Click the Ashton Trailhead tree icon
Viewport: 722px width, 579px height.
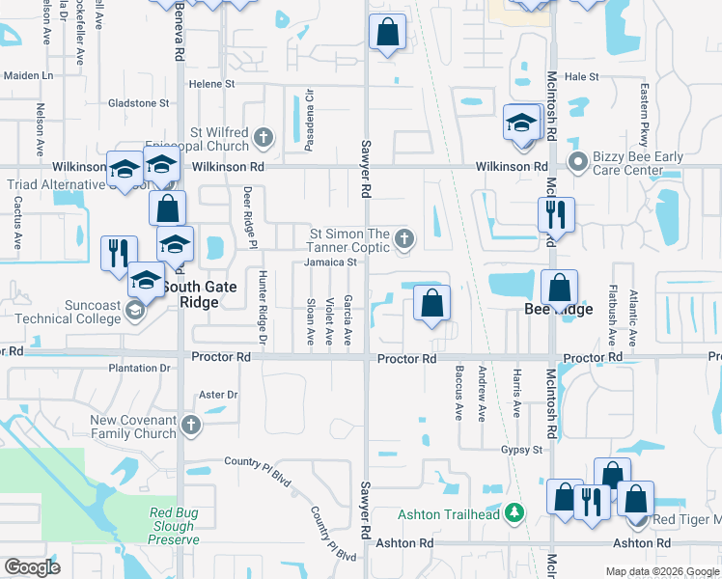[x=515, y=511]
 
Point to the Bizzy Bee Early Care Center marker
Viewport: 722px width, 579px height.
[x=577, y=160]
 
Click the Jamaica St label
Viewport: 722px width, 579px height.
[x=331, y=262]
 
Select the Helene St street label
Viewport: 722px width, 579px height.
[x=212, y=85]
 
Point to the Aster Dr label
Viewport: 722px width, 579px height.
[x=217, y=395]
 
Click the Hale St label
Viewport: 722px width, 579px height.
[x=581, y=76]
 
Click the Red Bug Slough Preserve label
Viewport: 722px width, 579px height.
[x=174, y=527]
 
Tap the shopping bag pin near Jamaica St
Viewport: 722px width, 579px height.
[x=431, y=303]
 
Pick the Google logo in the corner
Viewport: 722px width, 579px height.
[x=31, y=566]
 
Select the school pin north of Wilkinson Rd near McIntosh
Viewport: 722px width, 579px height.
[x=521, y=124]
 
